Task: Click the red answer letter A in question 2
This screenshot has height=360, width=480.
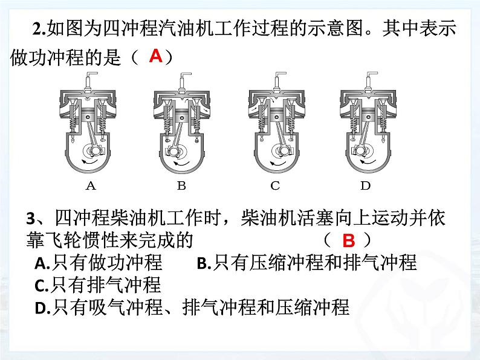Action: (x=155, y=56)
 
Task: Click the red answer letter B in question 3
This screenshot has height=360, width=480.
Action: (x=349, y=241)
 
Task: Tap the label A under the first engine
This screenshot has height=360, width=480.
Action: (x=91, y=185)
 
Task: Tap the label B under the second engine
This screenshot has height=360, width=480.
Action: (x=181, y=185)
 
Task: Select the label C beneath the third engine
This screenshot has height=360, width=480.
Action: (x=275, y=185)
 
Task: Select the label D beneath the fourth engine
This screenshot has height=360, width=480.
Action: (x=366, y=185)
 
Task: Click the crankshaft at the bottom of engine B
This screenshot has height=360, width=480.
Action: (x=174, y=152)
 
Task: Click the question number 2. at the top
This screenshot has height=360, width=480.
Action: (x=39, y=30)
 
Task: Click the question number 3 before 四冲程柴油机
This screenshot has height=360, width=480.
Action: (x=31, y=219)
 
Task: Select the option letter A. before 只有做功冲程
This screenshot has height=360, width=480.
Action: (x=42, y=263)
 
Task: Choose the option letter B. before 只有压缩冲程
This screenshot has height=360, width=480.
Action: (x=204, y=263)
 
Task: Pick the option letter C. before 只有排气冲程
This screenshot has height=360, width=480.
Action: (x=42, y=286)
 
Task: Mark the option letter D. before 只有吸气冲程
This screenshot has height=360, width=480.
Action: (x=42, y=308)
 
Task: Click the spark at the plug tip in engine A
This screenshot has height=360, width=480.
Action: (x=88, y=99)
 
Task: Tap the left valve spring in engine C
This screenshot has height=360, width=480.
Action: (x=262, y=123)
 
